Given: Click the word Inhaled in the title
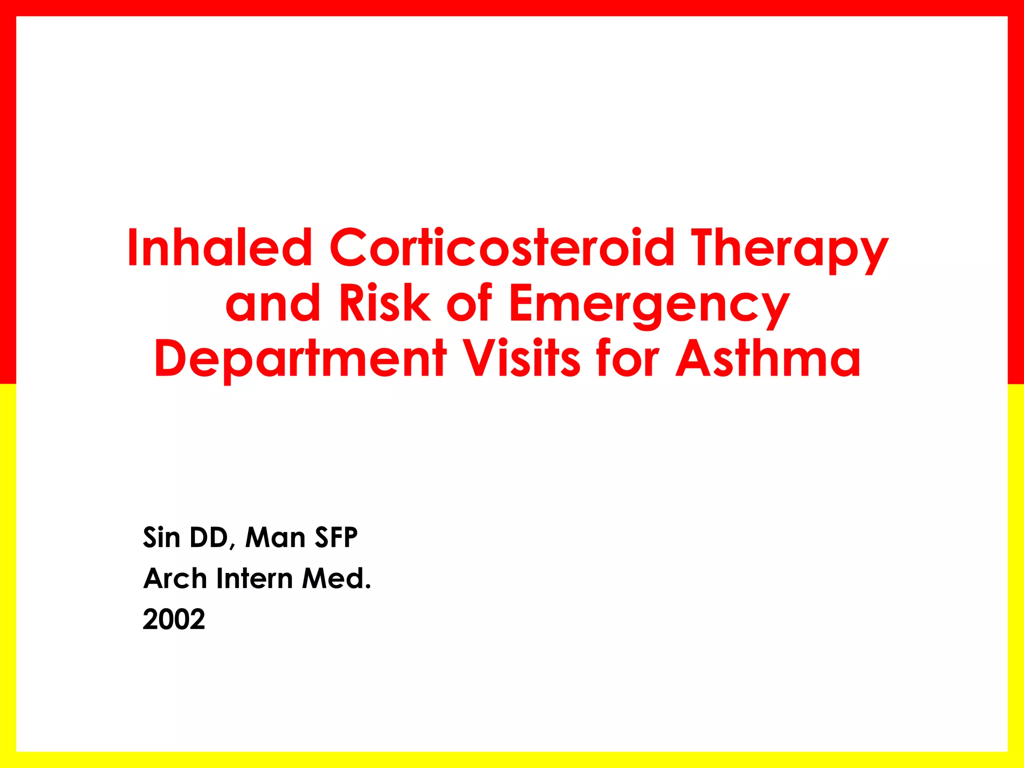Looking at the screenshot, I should click(x=220, y=248).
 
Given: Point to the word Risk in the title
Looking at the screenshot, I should click(x=384, y=303).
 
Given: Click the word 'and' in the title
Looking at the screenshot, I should click(x=272, y=303).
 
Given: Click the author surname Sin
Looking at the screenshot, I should click(x=161, y=537).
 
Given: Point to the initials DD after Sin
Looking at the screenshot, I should click(x=208, y=537).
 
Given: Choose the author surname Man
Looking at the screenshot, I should click(x=275, y=537).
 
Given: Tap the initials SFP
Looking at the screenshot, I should click(x=336, y=537).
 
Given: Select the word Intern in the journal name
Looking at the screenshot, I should click(x=254, y=578).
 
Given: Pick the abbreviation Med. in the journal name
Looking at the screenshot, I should click(x=336, y=578).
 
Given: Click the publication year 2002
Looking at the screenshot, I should click(x=174, y=619).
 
